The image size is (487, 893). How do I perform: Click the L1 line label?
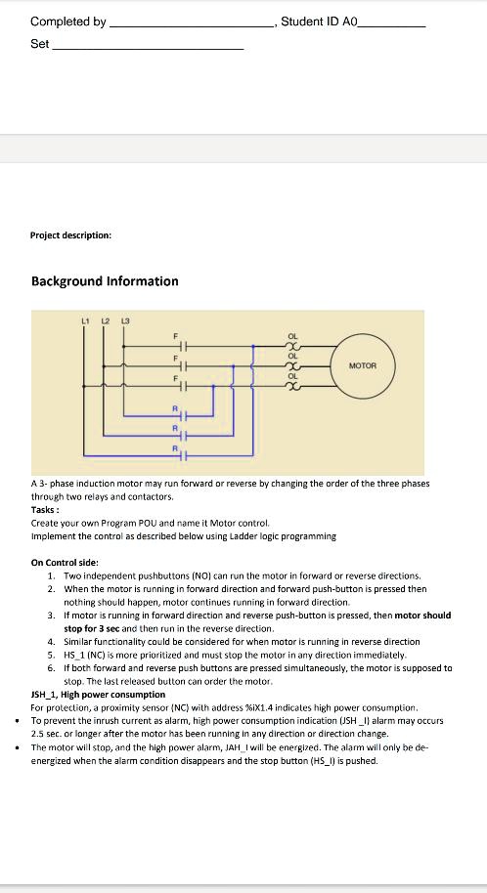pyautogui.click(x=85, y=321)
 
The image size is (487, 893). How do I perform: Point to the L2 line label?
pyautogui.click(x=105, y=321)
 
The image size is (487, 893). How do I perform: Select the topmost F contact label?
pyautogui.click(x=176, y=337)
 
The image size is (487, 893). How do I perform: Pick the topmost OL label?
pyautogui.click(x=291, y=337)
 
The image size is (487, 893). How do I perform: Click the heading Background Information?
pyautogui.click(x=105, y=281)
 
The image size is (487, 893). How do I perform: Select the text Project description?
pyautogui.click(x=71, y=235)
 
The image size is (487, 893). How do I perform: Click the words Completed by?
pyautogui.click(x=68, y=21)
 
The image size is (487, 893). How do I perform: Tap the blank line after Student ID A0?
pyautogui.click(x=392, y=23)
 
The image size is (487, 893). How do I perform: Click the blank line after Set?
pyautogui.click(x=147, y=47)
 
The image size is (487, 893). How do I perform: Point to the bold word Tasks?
pyautogui.click(x=45, y=510)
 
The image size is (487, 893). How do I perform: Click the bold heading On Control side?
pyautogui.click(x=65, y=563)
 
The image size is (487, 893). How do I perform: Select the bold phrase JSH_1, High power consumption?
pyautogui.click(x=98, y=695)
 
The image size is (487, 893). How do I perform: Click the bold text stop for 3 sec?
pyautogui.click(x=97, y=629)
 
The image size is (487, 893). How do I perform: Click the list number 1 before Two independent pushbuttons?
pyautogui.click(x=51, y=576)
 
